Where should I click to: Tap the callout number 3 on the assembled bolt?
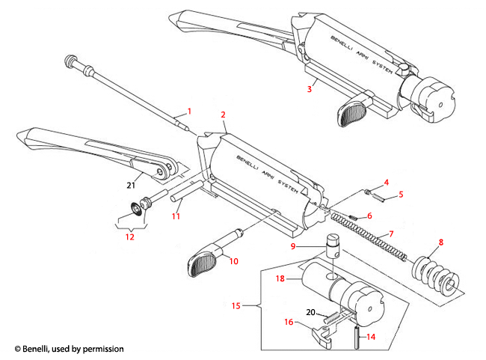(x=309, y=89)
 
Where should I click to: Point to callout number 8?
(x=440, y=242)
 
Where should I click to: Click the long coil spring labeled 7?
(x=374, y=240)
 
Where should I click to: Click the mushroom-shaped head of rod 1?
(x=72, y=61)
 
